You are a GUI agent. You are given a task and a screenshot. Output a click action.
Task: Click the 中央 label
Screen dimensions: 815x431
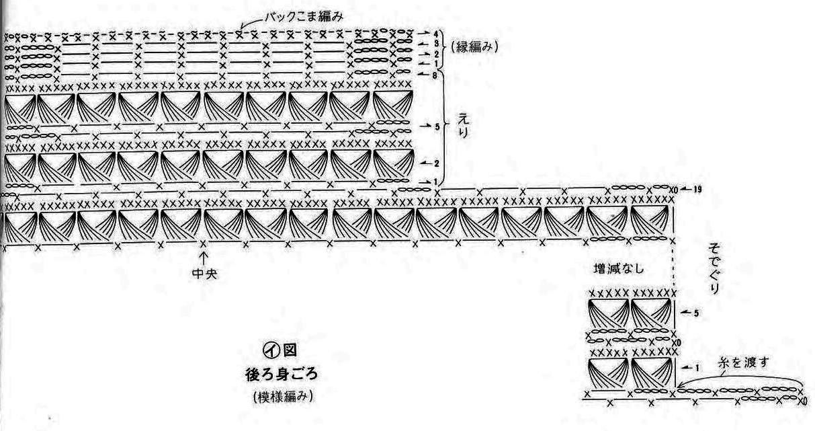coord(203,275)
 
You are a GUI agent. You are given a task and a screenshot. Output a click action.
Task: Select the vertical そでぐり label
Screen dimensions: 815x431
coord(714,270)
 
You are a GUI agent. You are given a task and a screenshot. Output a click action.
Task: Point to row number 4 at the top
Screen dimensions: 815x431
coord(436,32)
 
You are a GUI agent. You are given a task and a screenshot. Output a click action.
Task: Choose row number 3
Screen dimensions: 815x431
coord(436,43)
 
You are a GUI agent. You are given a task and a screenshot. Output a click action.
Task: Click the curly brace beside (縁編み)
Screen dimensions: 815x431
coord(445,48)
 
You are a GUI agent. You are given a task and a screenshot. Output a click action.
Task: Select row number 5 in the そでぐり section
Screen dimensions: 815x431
coord(697,313)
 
